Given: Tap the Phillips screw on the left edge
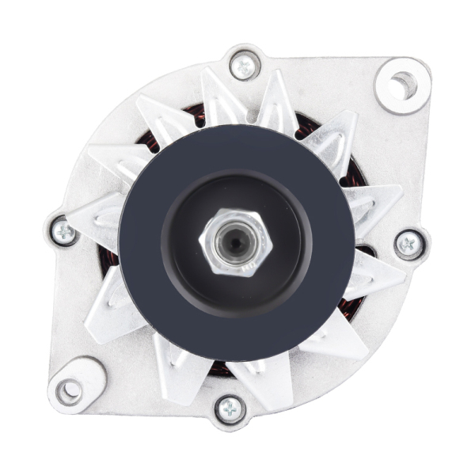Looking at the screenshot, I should pos(63,231).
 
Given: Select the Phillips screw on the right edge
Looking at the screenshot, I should pos(408,244).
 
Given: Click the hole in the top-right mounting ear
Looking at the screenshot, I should pos(402,84).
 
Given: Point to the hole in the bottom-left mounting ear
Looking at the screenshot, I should pos(70,389).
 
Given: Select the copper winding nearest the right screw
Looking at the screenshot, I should pos(363,252).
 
